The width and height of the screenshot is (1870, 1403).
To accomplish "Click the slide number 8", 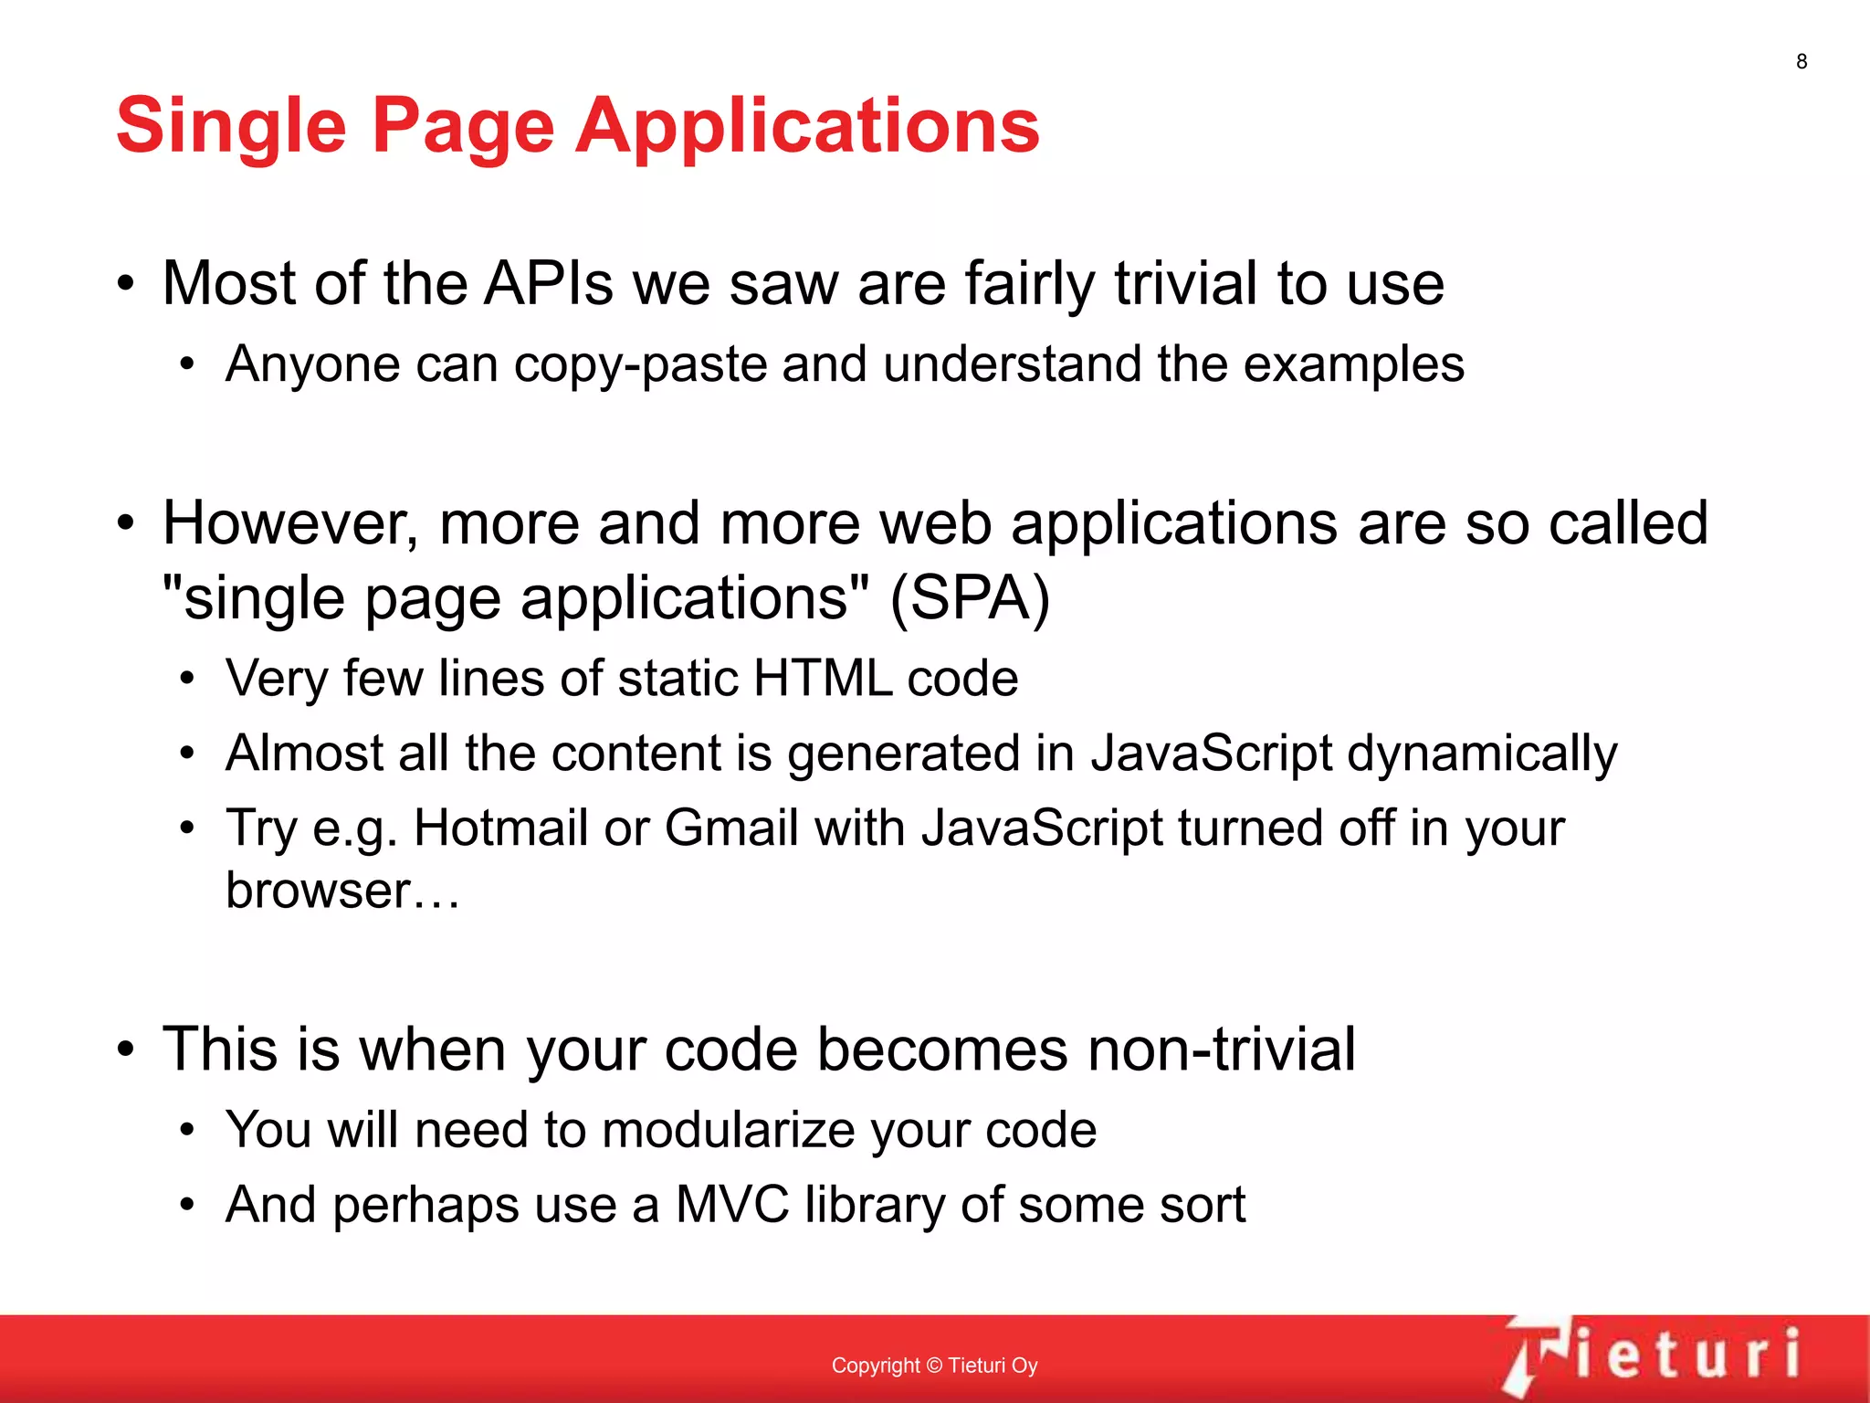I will [x=1801, y=61].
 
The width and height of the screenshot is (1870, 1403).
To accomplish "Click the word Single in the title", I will [x=231, y=126].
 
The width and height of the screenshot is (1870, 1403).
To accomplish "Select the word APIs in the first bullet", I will [x=548, y=283].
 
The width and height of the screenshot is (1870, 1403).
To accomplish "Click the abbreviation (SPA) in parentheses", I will [x=970, y=599].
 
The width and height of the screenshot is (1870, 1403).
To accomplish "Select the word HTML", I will [x=822, y=679].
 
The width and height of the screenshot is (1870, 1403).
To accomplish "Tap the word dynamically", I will [x=1481, y=754].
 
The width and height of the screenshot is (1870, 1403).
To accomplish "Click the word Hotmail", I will [x=500, y=828].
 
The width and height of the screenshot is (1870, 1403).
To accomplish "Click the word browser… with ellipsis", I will [x=341, y=891].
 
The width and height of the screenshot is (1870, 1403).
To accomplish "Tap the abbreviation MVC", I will [x=731, y=1205].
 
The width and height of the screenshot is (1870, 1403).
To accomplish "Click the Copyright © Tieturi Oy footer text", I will [x=934, y=1366].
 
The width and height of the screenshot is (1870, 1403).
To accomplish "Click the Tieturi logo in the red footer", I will [x=1653, y=1355].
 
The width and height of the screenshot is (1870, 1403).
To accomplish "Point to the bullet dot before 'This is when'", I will [x=126, y=1049].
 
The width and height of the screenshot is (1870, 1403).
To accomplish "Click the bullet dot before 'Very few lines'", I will [x=187, y=679].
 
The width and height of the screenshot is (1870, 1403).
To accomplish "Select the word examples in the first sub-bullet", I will [x=1353, y=365].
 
